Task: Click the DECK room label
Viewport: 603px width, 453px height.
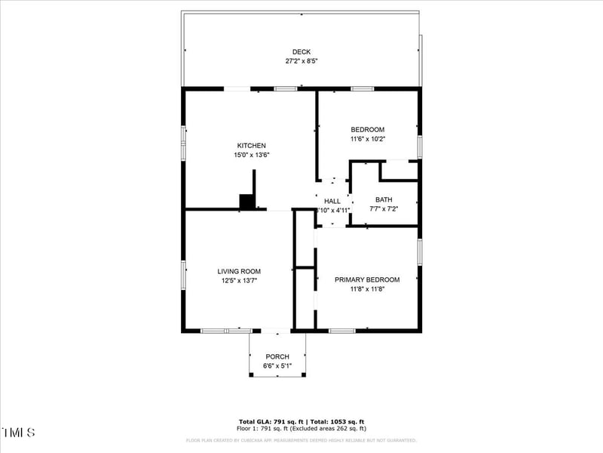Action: (301, 52)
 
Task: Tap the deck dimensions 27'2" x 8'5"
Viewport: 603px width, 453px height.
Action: (301, 61)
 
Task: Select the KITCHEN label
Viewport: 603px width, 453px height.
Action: (251, 146)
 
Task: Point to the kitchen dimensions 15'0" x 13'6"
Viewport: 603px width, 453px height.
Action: (251, 155)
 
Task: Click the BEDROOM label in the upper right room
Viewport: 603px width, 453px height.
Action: (367, 130)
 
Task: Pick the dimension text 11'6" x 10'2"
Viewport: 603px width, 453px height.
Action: (367, 139)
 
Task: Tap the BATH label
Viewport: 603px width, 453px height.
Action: (384, 200)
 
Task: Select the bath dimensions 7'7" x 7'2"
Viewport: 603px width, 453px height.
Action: (384, 209)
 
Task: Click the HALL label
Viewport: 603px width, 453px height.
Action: (332, 201)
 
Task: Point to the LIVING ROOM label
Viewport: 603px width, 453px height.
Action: (239, 272)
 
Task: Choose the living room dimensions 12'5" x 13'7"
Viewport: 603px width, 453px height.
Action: (239, 281)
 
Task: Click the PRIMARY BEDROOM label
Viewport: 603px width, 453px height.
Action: (367, 279)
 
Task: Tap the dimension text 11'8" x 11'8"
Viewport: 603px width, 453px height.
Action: (367, 288)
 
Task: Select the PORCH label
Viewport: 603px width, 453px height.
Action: (277, 357)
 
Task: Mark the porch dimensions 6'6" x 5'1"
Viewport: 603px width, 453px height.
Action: (277, 366)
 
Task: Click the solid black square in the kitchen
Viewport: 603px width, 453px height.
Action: (246, 202)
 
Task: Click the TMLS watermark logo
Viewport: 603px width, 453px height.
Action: (18, 433)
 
